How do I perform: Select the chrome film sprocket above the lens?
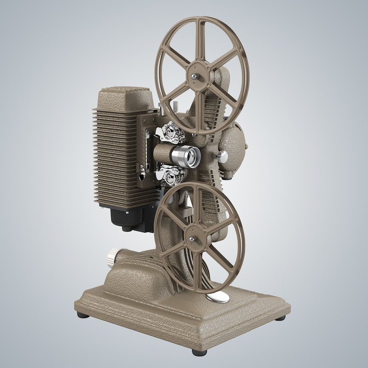(171, 133)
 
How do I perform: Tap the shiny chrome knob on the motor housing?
(224, 157)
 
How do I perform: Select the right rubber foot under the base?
(281, 317)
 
